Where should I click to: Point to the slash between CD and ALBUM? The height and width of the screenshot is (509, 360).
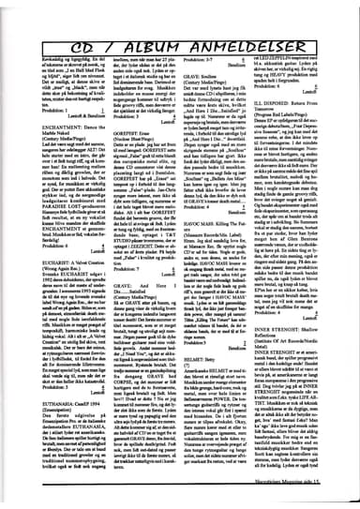(x=115, y=18)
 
